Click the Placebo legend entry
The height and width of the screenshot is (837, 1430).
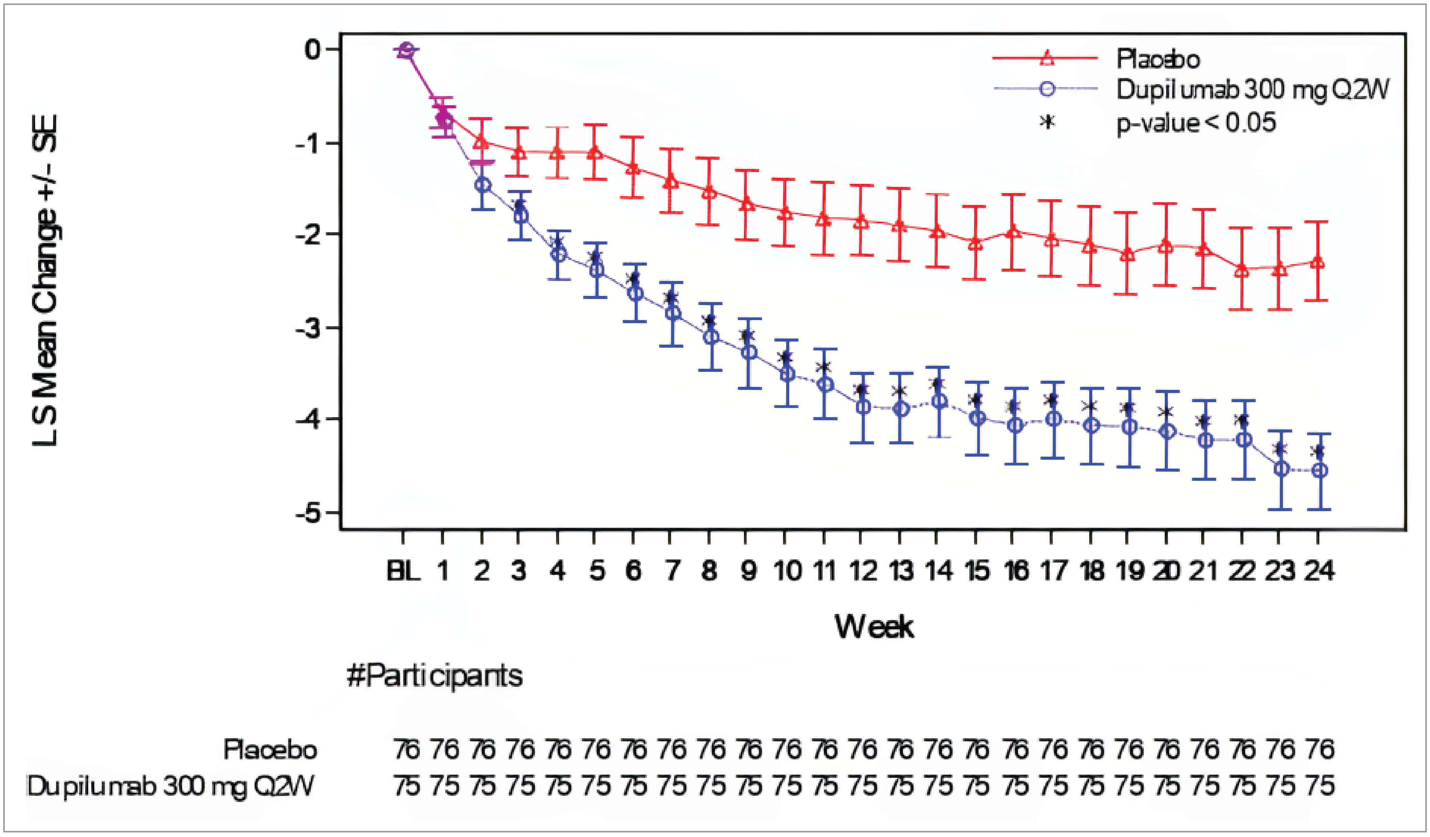(1158, 59)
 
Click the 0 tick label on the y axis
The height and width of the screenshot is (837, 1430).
(313, 50)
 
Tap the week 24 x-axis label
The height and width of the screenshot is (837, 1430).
(1318, 571)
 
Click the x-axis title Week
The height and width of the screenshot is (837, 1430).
(874, 627)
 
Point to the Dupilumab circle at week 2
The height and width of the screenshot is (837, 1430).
(483, 185)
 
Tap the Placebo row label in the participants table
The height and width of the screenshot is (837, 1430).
(270, 749)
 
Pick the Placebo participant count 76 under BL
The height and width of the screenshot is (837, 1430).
(406, 749)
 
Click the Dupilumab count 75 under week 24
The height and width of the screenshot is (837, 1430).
(1319, 786)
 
